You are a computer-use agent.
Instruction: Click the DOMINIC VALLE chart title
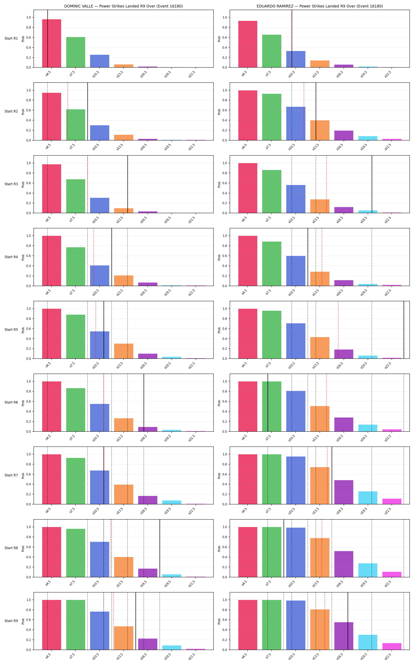[x=123, y=6]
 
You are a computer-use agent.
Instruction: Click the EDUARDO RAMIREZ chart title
[x=320, y=6]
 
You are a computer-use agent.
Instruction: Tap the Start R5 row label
[x=11, y=329]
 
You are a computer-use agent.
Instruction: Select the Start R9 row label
[x=11, y=621]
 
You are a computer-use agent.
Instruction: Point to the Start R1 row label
[x=11, y=38]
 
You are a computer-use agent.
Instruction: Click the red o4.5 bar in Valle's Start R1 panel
[x=51, y=43]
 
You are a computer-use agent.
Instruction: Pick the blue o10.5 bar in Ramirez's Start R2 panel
[x=296, y=123]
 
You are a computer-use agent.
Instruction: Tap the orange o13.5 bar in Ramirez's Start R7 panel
[x=320, y=486]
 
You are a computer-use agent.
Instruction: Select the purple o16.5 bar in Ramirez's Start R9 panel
[x=344, y=636]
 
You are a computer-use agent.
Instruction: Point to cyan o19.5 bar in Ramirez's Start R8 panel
[x=368, y=570]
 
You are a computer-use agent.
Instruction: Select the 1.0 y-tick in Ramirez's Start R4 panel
[x=225, y=236]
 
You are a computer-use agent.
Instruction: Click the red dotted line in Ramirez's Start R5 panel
[x=338, y=330]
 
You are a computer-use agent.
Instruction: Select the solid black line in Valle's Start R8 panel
[x=160, y=548]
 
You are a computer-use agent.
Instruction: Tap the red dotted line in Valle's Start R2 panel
[x=68, y=111]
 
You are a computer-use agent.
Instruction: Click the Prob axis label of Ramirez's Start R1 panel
[x=219, y=39]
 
